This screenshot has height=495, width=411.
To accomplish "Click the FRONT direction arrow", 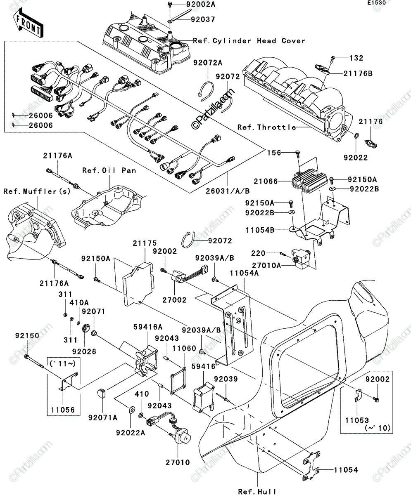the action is point(28,23).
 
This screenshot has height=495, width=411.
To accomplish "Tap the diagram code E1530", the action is point(376,3).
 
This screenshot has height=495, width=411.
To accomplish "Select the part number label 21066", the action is point(266,181).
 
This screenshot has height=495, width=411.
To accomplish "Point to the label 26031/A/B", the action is point(228,191).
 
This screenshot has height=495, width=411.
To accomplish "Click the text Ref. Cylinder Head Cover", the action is point(249,41).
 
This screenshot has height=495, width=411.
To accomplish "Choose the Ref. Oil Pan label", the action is point(109,170).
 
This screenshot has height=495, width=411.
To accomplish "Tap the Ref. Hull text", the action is point(257,491).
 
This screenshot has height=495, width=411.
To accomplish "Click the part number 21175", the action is point(145,243).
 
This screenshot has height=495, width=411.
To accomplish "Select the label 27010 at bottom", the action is point(178,462).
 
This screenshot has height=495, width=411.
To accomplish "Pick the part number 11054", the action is point(346,470).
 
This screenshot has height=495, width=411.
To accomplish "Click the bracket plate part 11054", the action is point(311,466).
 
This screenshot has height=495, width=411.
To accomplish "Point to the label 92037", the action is point(203,19).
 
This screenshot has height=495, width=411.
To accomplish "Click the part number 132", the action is point(356,58).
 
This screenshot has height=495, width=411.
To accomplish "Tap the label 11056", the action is point(63,410).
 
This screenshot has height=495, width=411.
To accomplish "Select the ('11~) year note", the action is point(63,363).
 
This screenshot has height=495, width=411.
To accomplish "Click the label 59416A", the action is point(148,327).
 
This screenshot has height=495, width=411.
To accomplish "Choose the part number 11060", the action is point(184,349).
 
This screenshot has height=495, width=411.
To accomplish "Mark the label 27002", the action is point(174,300).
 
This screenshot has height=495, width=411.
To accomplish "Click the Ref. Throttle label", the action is point(267,127).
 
